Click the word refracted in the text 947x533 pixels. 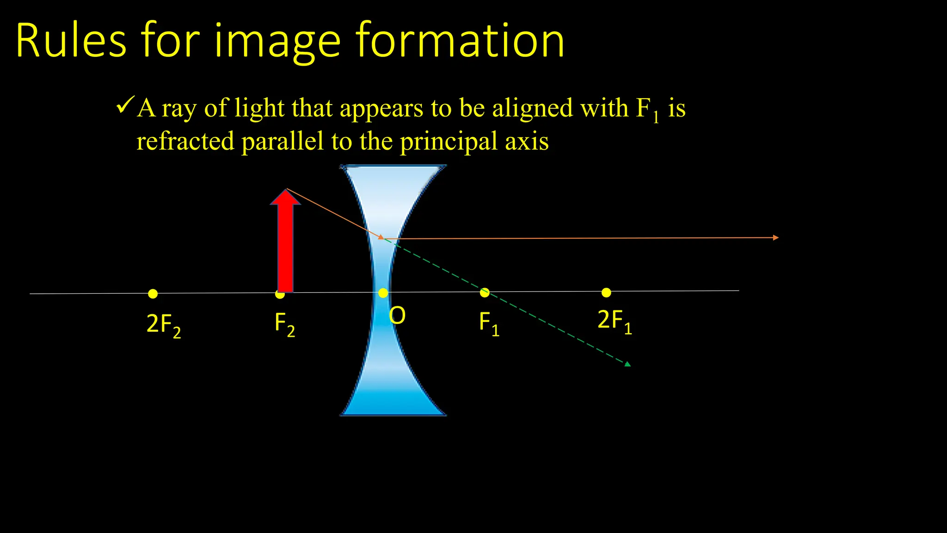(x=185, y=141)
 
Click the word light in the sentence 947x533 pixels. (x=259, y=108)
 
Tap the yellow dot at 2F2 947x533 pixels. (x=153, y=294)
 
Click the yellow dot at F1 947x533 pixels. (x=485, y=292)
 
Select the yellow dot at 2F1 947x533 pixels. (x=606, y=292)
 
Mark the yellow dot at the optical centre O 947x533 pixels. (x=383, y=293)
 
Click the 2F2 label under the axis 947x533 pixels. (x=164, y=325)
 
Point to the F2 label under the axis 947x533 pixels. (x=284, y=323)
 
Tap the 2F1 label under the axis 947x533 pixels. (x=615, y=321)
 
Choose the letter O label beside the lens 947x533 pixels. (x=397, y=316)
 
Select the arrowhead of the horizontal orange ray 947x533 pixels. (x=776, y=238)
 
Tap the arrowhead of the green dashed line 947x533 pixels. (x=627, y=364)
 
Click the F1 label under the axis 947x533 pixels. (x=489, y=322)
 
